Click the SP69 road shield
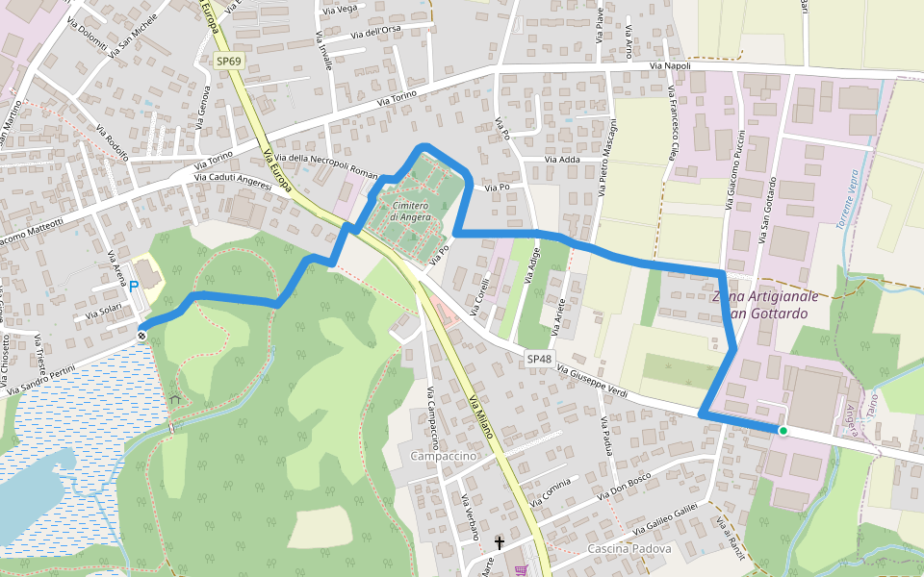tap(228, 61)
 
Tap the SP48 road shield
tap(539, 359)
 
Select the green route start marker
tap(783, 431)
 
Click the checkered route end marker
tap(141, 336)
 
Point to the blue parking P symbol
tap(134, 286)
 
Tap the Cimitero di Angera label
tap(409, 211)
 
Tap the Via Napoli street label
tap(671, 65)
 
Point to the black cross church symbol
tap(500, 543)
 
